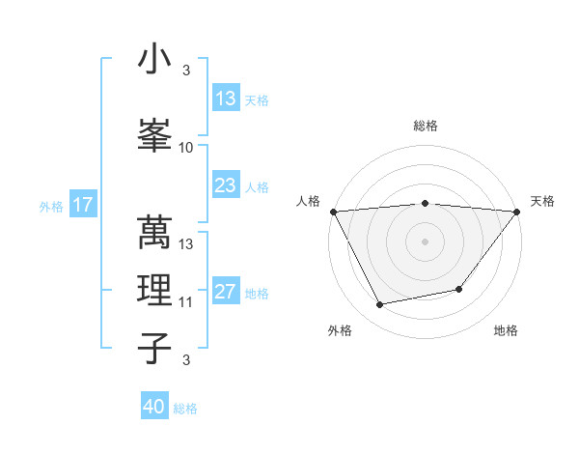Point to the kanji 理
154,289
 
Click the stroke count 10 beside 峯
186,148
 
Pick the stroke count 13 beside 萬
186,244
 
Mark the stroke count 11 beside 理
186,302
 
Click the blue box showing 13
226,99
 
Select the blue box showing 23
226,185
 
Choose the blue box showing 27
226,292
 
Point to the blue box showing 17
83,205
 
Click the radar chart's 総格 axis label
425,126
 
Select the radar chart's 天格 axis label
543,201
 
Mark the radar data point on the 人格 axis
333,212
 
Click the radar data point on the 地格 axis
459,289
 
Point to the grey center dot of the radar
425,241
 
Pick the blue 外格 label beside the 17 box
51,206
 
